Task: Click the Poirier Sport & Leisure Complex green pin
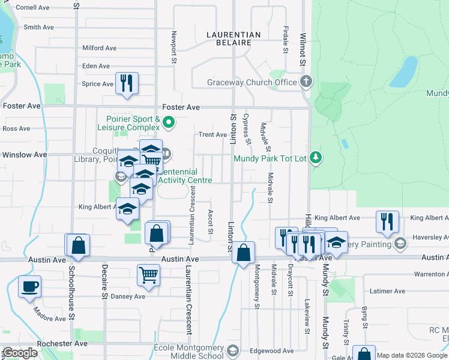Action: pos(169,124)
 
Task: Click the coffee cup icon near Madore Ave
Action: pos(29,286)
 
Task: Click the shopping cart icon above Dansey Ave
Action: pos(148,275)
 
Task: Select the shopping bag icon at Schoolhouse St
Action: pos(77,245)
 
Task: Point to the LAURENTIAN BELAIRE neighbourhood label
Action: pos(234,39)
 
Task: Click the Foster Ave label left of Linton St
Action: pos(185,107)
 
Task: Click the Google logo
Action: pos(20,353)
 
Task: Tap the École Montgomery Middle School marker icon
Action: pos(233,350)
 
